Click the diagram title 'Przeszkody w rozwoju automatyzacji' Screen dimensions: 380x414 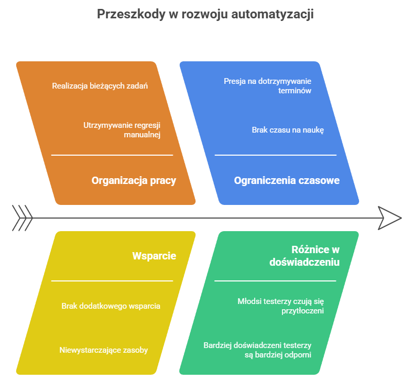click(205, 14)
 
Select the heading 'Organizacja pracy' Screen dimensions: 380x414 click(134, 181)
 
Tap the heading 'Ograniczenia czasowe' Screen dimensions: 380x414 click(287, 181)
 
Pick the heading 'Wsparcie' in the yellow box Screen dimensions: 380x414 click(154, 256)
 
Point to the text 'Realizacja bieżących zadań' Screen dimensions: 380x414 click(100, 85)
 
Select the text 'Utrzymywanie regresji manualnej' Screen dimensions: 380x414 click(122, 130)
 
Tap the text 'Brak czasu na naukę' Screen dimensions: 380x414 click(288, 130)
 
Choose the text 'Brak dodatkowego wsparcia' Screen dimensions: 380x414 click(111, 306)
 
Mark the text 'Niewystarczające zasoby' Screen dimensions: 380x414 click(103, 350)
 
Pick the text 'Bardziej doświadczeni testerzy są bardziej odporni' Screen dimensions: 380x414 click(257, 350)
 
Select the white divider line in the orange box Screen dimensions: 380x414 click(112, 155)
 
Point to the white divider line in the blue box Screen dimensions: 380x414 click(275, 155)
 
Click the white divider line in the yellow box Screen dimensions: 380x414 click(112, 281)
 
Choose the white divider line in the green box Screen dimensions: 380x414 click(275, 281)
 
